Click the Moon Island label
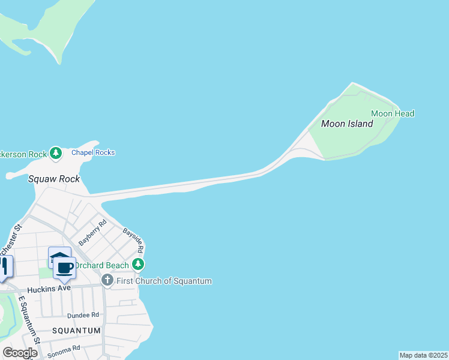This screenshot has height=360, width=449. click(x=347, y=124)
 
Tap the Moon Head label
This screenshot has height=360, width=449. click(x=393, y=113)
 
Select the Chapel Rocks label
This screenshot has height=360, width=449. click(x=93, y=152)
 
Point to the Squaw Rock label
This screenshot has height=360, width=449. click(x=54, y=179)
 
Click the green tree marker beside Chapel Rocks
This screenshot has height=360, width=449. click(x=56, y=154)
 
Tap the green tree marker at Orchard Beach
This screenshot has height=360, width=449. click(x=139, y=265)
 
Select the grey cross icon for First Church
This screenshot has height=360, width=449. click(x=107, y=280)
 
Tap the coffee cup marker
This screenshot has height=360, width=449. click(x=65, y=268)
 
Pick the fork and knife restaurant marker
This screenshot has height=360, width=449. click(x=4, y=267)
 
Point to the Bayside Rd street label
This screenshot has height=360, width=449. click(x=133, y=240)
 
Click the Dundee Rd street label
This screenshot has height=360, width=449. click(x=83, y=315)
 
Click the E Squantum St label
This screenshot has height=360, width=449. click(x=29, y=319)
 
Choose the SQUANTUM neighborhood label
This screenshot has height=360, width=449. click(x=75, y=331)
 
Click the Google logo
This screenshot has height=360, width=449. click(x=19, y=353)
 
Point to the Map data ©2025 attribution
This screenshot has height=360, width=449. click(x=424, y=355)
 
